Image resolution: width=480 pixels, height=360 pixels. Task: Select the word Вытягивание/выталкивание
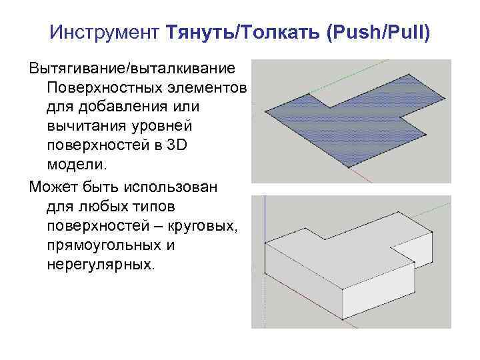point(132,69)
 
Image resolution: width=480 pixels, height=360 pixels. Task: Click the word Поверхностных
point(103,88)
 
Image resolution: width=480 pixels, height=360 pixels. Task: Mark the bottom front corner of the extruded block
point(343,319)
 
